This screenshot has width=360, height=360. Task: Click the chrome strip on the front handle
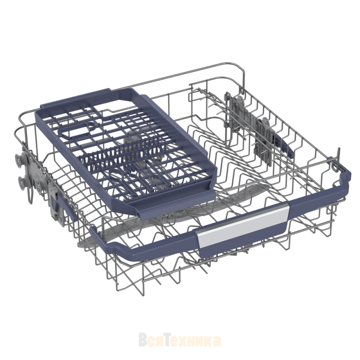point(243,226)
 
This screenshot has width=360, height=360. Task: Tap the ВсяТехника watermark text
point(180,341)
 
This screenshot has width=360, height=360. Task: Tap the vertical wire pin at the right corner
point(338,158)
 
